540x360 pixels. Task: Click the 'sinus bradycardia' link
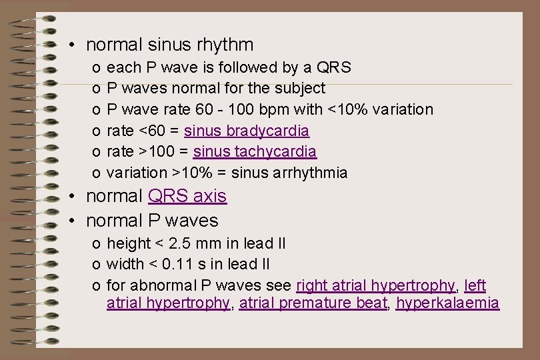click(x=246, y=130)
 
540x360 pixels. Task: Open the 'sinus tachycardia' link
click(x=255, y=151)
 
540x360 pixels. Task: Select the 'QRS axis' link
click(x=187, y=196)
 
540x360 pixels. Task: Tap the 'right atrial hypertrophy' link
click(x=375, y=286)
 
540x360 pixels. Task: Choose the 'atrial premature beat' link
click(x=313, y=303)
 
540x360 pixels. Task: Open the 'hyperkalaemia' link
click(x=447, y=303)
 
